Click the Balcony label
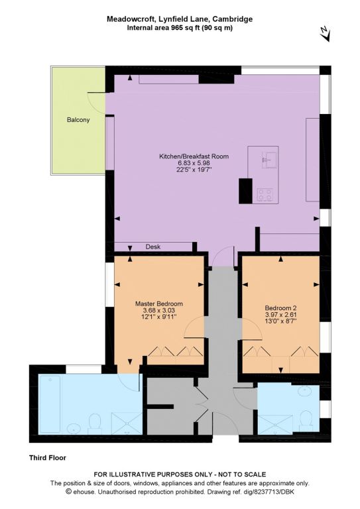click(78, 120)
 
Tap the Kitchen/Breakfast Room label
click(194, 156)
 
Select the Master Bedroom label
click(158, 304)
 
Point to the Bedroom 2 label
click(281, 308)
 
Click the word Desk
click(153, 247)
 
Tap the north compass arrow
click(325, 32)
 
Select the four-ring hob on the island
click(265, 195)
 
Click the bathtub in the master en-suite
click(50, 404)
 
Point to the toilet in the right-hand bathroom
click(306, 421)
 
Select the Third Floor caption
click(47, 458)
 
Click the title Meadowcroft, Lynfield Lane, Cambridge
click(180, 19)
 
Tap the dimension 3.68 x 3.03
click(159, 310)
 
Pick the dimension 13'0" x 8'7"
click(281, 321)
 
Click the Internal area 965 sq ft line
click(180, 28)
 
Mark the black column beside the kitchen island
click(245, 191)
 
